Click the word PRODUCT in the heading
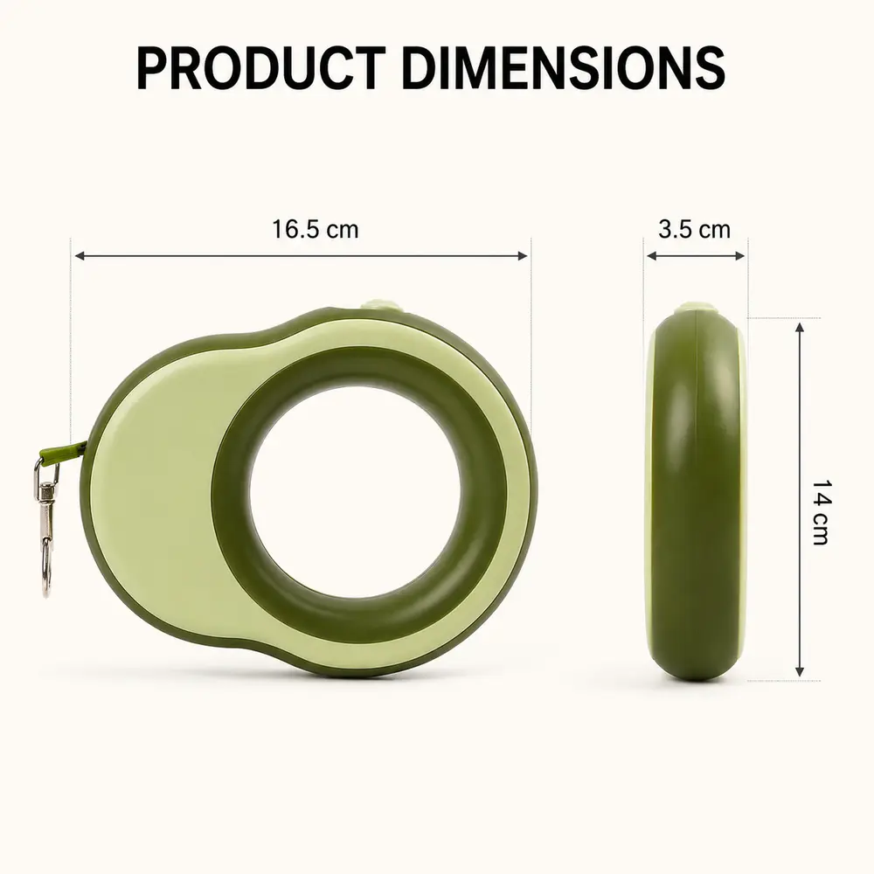click(x=261, y=68)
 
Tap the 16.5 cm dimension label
click(x=315, y=229)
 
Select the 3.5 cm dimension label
click(x=694, y=229)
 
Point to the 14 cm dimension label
click(x=820, y=511)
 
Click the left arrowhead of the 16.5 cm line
click(x=80, y=256)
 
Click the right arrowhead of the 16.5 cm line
click(x=523, y=256)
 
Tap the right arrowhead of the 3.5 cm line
click(x=739, y=256)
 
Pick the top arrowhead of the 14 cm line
click(x=800, y=328)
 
